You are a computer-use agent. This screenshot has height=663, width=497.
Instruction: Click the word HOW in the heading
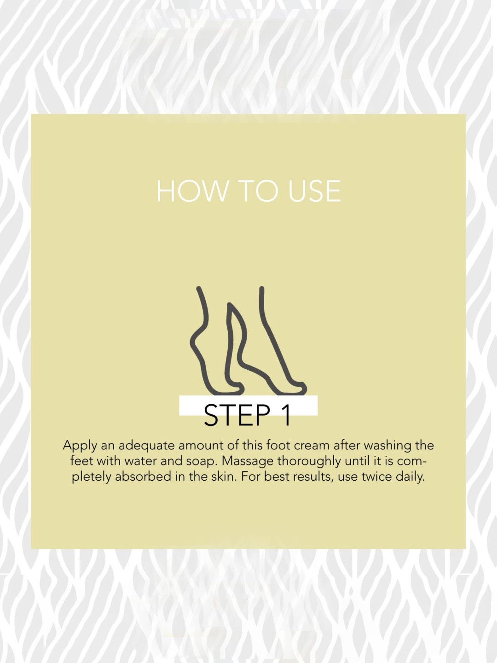coord(192,191)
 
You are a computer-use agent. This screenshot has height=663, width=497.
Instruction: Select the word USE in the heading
coord(314,191)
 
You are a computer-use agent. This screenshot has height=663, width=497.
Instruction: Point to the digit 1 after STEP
coord(286,415)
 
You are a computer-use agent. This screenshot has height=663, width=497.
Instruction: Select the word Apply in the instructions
coord(80,446)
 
